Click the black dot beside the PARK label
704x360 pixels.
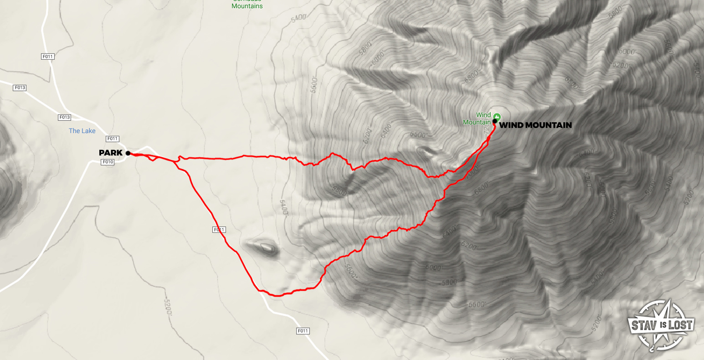pos(128,153)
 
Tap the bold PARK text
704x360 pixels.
pos(111,153)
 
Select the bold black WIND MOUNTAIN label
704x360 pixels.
pos(535,125)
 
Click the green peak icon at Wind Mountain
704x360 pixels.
pos(496,115)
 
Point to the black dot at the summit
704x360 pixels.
pos(494,121)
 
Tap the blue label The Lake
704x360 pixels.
pos(82,131)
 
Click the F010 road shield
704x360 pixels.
pos(108,162)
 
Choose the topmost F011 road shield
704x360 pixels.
pos(47,57)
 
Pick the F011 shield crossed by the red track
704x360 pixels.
pos(219,230)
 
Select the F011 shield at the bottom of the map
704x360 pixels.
pos(303,331)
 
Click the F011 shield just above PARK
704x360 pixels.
pos(112,139)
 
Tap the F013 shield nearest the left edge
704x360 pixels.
pos(20,87)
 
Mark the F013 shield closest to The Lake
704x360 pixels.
pos(65,117)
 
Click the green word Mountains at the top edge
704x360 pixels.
pos(247,6)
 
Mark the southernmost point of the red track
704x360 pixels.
pos(277,296)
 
